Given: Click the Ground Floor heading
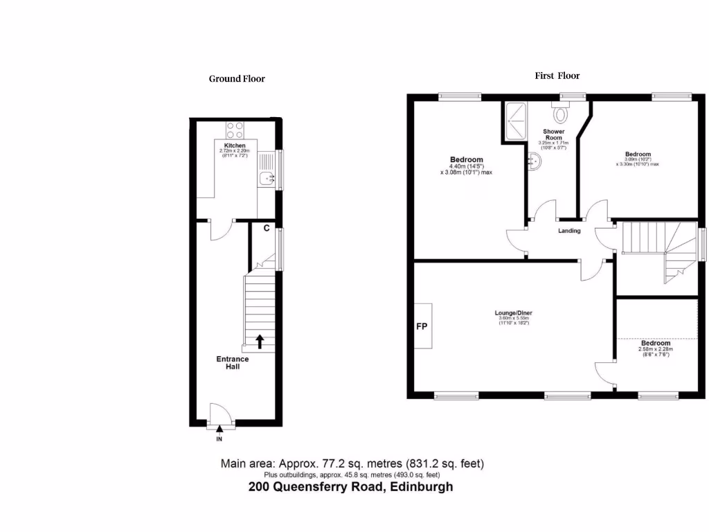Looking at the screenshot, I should [x=237, y=79].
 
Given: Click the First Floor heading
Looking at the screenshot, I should [x=557, y=76].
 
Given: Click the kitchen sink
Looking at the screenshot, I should [x=265, y=179].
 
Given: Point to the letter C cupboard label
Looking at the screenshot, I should [x=267, y=228].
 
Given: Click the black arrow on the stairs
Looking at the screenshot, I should [x=260, y=340].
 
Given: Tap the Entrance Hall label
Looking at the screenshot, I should [x=233, y=362].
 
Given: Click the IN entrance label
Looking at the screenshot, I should [x=219, y=439].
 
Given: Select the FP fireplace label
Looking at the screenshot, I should [x=421, y=326].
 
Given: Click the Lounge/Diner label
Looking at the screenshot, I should [x=513, y=312].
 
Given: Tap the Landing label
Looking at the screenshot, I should [x=569, y=231].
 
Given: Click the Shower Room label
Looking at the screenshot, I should [x=553, y=134].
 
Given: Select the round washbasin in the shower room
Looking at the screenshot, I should [x=537, y=160].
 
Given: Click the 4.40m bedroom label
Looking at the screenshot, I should [x=466, y=160].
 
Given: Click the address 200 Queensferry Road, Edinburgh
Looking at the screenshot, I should [x=350, y=487].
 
